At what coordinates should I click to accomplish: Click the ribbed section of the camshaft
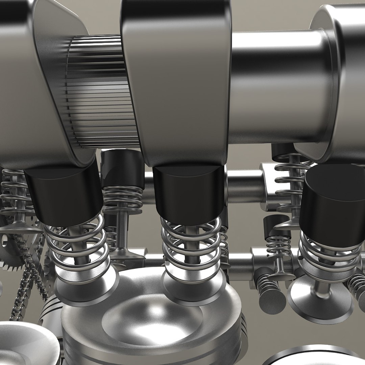pyautogui.click(x=98, y=91)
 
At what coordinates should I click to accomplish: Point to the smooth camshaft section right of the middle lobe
pyautogui.click(x=277, y=84)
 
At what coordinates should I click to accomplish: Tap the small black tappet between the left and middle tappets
pyautogui.click(x=122, y=169)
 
